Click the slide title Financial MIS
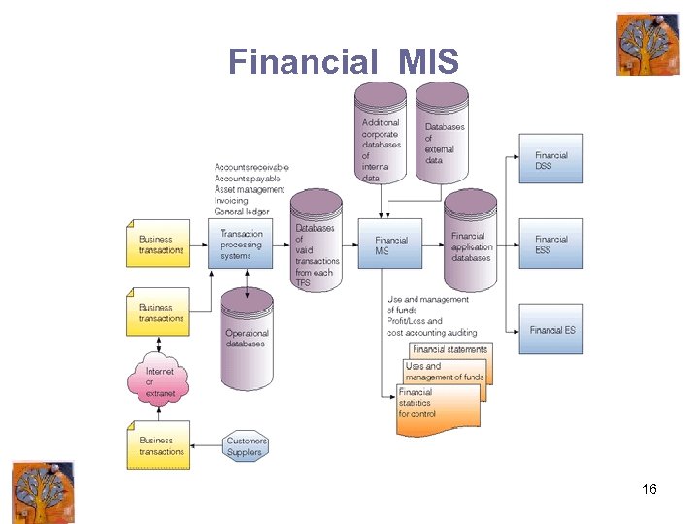(343, 62)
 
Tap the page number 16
(649, 489)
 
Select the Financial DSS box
(550, 159)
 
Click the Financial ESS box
(550, 244)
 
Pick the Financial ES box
(550, 330)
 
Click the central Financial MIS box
(391, 245)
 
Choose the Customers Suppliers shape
(246, 446)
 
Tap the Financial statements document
(450, 350)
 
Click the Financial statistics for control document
(437, 405)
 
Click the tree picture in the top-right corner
(647, 44)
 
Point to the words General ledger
(242, 212)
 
